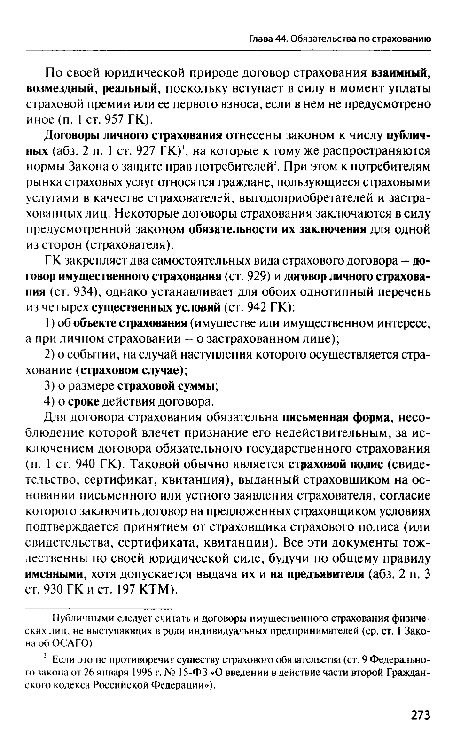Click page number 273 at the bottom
point(420,715)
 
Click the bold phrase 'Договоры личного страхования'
point(133,136)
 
